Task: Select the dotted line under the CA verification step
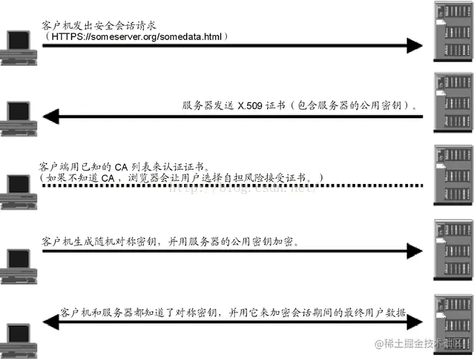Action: click(229, 186)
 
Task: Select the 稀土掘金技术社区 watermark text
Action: click(427, 344)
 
